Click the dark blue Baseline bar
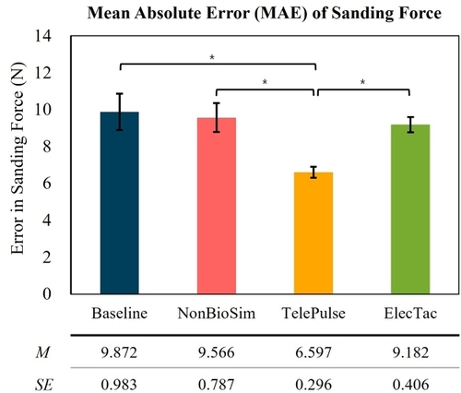pyautogui.click(x=120, y=203)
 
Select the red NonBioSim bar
pyautogui.click(x=217, y=206)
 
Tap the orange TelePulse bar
pyautogui.click(x=313, y=233)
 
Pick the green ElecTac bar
pyautogui.click(x=410, y=209)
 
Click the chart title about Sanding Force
pyautogui.click(x=265, y=14)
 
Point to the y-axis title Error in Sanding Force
pyautogui.click(x=18, y=159)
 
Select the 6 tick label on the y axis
pyautogui.click(x=47, y=184)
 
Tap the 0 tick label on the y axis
pyautogui.click(x=47, y=294)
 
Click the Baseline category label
pyautogui.click(x=120, y=314)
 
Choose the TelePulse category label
pyautogui.click(x=313, y=314)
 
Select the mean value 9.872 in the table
pyautogui.click(x=119, y=352)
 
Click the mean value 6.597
pyautogui.click(x=313, y=352)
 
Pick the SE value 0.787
pyautogui.click(x=217, y=385)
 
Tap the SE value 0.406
pyautogui.click(x=410, y=385)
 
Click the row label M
pyautogui.click(x=42, y=352)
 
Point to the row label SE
pyautogui.click(x=44, y=385)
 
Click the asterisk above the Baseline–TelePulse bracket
pyautogui.click(x=212, y=57)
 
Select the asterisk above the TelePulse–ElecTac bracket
pyautogui.click(x=363, y=82)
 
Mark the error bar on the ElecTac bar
pyautogui.click(x=410, y=125)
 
